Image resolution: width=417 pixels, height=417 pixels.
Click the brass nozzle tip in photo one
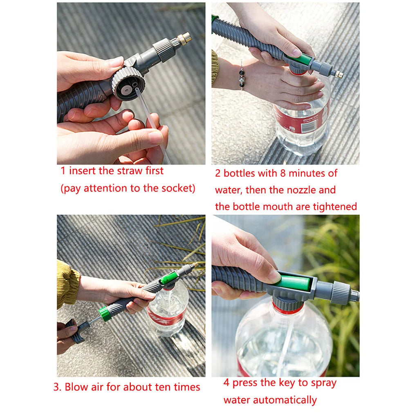[x=184, y=39]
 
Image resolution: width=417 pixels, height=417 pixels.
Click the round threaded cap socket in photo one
[x=128, y=84]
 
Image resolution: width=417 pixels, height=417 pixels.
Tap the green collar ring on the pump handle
[x=105, y=313]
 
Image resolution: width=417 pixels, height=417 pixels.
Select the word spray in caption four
[x=323, y=383]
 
